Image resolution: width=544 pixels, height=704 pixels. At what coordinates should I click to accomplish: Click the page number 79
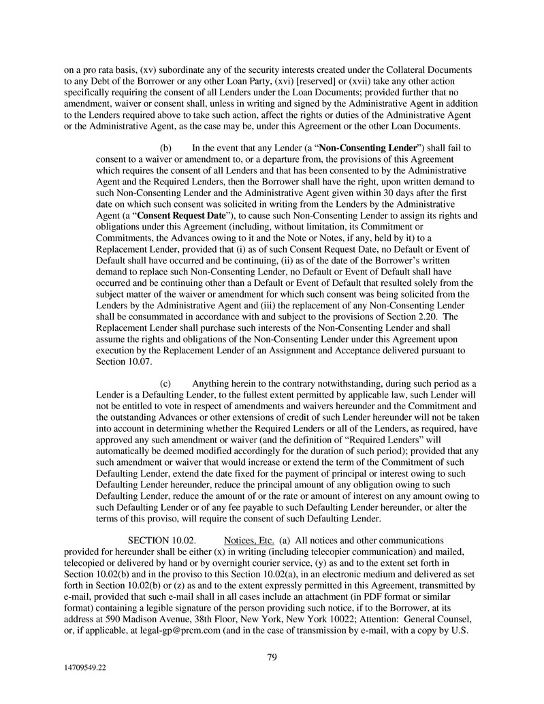tap(272, 656)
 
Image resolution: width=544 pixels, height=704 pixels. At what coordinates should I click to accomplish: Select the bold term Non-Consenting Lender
tap(368, 148)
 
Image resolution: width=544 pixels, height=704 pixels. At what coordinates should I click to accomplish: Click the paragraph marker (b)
tap(165, 148)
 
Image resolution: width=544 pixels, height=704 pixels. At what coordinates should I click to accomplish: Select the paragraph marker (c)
tap(165, 383)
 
